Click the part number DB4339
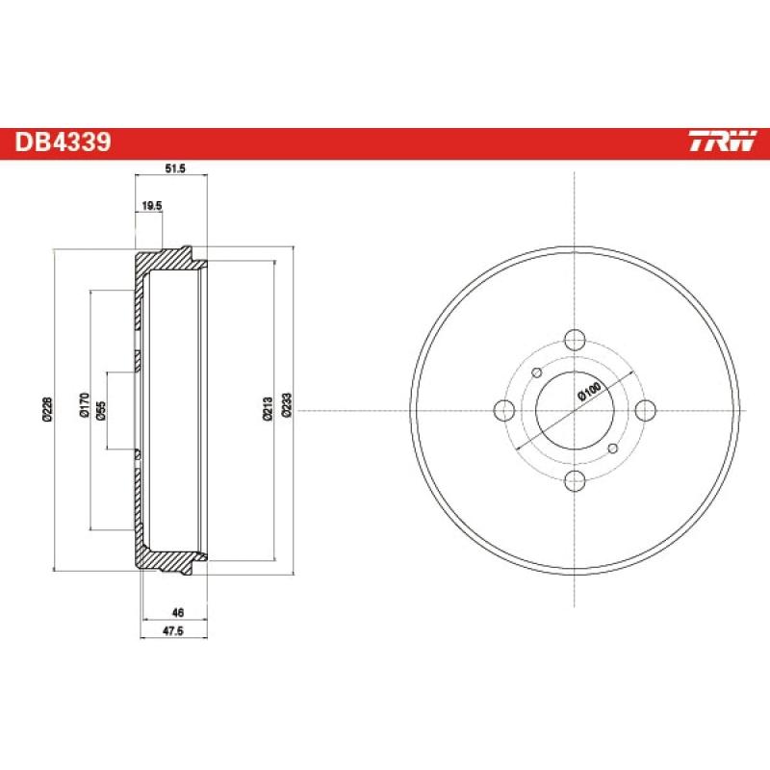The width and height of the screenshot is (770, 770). pyautogui.click(x=64, y=143)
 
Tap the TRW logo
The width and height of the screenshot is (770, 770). pyautogui.click(x=723, y=143)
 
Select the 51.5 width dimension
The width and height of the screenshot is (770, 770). pyautogui.click(x=174, y=168)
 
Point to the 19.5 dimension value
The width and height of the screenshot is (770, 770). pyautogui.click(x=152, y=205)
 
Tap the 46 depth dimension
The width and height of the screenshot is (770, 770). pyautogui.click(x=177, y=612)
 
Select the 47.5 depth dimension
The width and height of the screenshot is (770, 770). pyautogui.click(x=173, y=631)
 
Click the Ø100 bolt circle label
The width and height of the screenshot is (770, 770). pyautogui.click(x=589, y=393)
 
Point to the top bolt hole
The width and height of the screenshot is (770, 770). pyautogui.click(x=575, y=340)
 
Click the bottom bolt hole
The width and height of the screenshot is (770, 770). pyautogui.click(x=575, y=480)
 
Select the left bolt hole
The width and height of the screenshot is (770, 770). pyautogui.click(x=503, y=410)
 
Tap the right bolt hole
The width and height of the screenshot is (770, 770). pyautogui.click(x=645, y=410)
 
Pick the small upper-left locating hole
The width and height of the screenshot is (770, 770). pyautogui.click(x=536, y=372)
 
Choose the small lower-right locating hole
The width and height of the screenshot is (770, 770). pyautogui.click(x=613, y=449)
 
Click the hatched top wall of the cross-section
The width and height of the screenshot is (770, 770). pyautogui.click(x=164, y=261)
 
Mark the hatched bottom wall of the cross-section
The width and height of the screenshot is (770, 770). pyautogui.click(x=164, y=559)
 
